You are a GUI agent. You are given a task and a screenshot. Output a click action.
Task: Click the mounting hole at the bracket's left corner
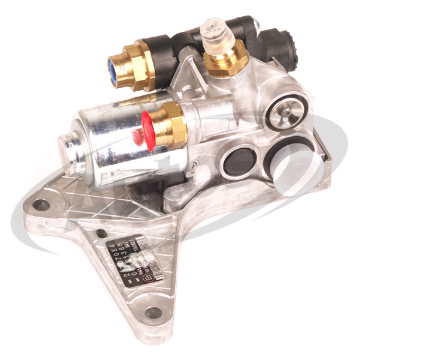[41, 205]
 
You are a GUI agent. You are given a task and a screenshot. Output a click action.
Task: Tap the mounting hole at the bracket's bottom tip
[154, 312]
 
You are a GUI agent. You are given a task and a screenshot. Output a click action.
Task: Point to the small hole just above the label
[101, 233]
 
